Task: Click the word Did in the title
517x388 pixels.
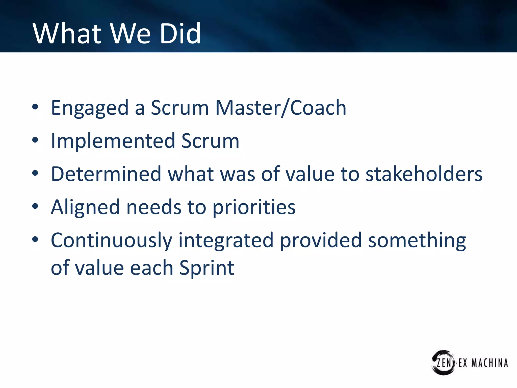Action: point(180,33)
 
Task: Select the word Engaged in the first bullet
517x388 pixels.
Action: point(90,108)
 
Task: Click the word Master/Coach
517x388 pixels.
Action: point(280,108)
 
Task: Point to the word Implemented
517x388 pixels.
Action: point(113,141)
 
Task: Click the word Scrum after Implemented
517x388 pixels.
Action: point(210,141)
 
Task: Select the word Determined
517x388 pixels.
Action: point(106,174)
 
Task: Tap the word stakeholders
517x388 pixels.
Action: point(424,174)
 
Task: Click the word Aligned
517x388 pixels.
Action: point(85,207)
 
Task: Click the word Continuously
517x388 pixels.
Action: point(111,240)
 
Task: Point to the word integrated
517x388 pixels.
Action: point(226,240)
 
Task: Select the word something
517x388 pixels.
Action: point(417,240)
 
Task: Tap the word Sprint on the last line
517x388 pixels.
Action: point(207,268)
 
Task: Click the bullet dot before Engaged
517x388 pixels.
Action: point(35,107)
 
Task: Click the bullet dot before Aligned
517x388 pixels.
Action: point(35,206)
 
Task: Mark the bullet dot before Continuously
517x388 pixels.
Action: point(35,239)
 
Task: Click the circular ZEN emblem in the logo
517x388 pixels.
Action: point(443,362)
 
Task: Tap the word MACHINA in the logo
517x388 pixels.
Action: point(489,363)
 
